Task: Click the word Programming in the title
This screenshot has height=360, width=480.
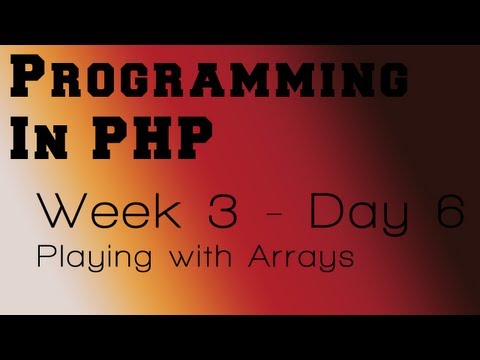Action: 207,81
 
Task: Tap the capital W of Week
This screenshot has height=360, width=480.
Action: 60,212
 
